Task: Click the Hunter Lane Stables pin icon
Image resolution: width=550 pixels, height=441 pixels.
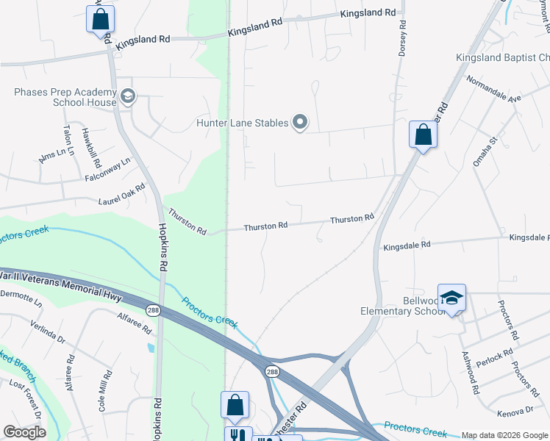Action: click(300, 122)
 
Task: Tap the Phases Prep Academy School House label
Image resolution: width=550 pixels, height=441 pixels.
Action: click(65, 97)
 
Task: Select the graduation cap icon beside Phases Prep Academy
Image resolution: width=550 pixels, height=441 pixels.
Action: click(128, 96)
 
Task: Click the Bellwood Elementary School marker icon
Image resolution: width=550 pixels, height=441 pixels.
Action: click(451, 298)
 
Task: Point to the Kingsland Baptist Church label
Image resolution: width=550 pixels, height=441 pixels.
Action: click(502, 57)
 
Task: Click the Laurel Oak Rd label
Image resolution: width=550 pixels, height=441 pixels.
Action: click(121, 194)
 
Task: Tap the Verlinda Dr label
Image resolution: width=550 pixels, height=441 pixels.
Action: click(47, 331)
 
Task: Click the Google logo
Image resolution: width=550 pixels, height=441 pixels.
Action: click(25, 432)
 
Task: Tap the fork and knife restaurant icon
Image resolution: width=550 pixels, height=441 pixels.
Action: click(238, 435)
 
